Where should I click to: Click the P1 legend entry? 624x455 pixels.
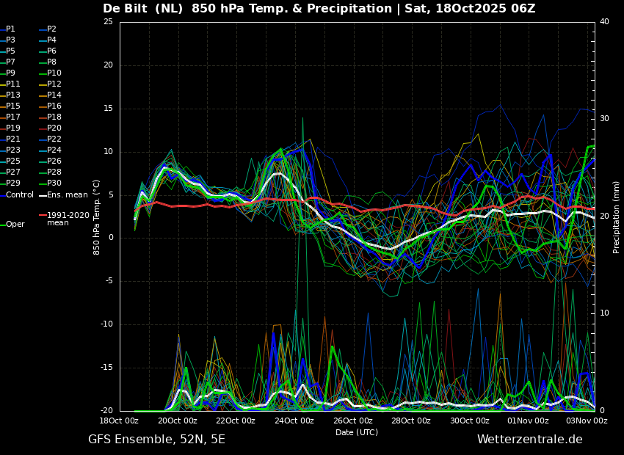(x=8, y=29)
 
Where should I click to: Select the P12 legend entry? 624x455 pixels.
(x=51, y=84)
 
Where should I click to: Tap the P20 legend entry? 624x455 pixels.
(x=51, y=128)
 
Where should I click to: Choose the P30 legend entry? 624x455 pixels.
(x=51, y=183)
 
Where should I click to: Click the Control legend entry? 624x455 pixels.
(x=17, y=195)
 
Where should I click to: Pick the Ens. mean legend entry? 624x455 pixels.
(x=64, y=195)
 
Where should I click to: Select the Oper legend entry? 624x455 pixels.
(x=12, y=225)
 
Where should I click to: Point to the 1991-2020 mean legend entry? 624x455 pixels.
(x=65, y=219)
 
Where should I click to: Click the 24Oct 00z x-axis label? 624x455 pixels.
(x=294, y=421)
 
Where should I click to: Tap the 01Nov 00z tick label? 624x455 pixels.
(x=528, y=421)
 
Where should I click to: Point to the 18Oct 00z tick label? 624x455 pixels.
(x=119, y=421)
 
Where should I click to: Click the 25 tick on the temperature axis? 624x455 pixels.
(x=108, y=21)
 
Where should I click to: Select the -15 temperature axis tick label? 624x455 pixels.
(x=106, y=368)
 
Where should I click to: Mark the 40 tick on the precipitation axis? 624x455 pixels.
(x=604, y=21)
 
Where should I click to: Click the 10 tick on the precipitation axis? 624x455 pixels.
(x=604, y=313)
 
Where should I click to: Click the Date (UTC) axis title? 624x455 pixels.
(x=357, y=432)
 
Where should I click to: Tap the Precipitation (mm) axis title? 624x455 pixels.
(x=616, y=216)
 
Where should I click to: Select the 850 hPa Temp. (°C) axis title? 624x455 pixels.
(x=97, y=217)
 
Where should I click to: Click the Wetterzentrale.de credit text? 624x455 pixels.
(x=530, y=440)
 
